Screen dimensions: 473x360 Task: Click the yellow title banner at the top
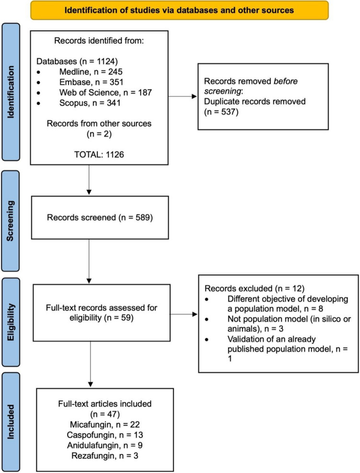180,10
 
